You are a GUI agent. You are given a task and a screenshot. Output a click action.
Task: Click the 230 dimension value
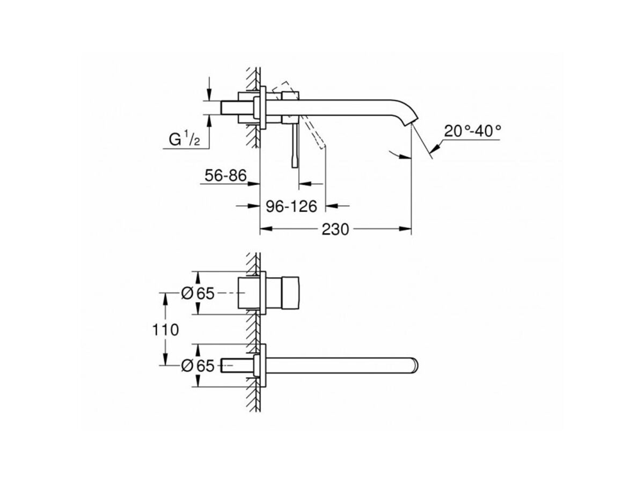pyautogui.click(x=335, y=230)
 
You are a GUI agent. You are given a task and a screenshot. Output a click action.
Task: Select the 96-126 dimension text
pyautogui.click(x=294, y=206)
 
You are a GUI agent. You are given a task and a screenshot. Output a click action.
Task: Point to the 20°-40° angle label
pyautogui.click(x=472, y=130)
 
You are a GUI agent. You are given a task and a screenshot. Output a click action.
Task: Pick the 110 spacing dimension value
pyautogui.click(x=165, y=329)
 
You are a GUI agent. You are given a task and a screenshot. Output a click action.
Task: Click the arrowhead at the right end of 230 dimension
pyautogui.click(x=406, y=230)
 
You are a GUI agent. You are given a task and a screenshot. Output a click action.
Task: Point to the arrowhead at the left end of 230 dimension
pyautogui.click(x=266, y=230)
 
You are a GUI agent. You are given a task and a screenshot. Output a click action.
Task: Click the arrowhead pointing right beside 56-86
pyautogui.click(x=254, y=184)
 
